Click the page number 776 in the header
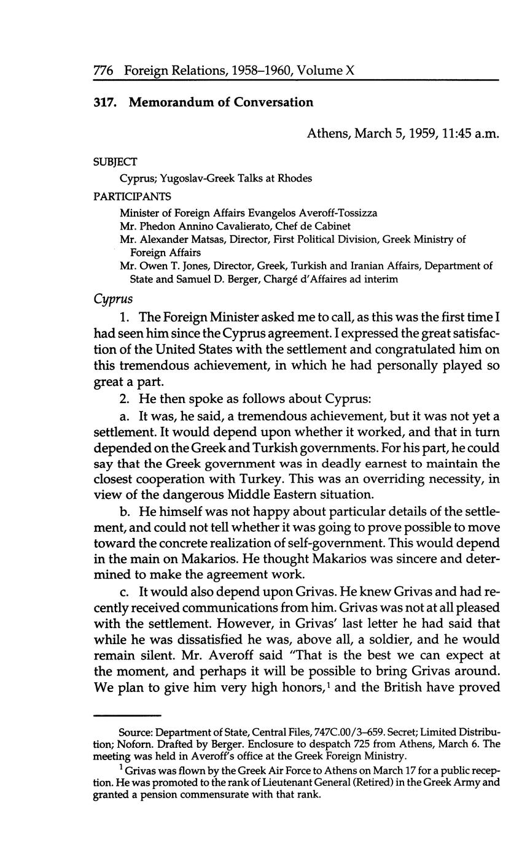click(105, 71)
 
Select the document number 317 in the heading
click(104, 102)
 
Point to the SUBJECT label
click(115, 161)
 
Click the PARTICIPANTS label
click(132, 196)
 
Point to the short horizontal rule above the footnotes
click(126, 715)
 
